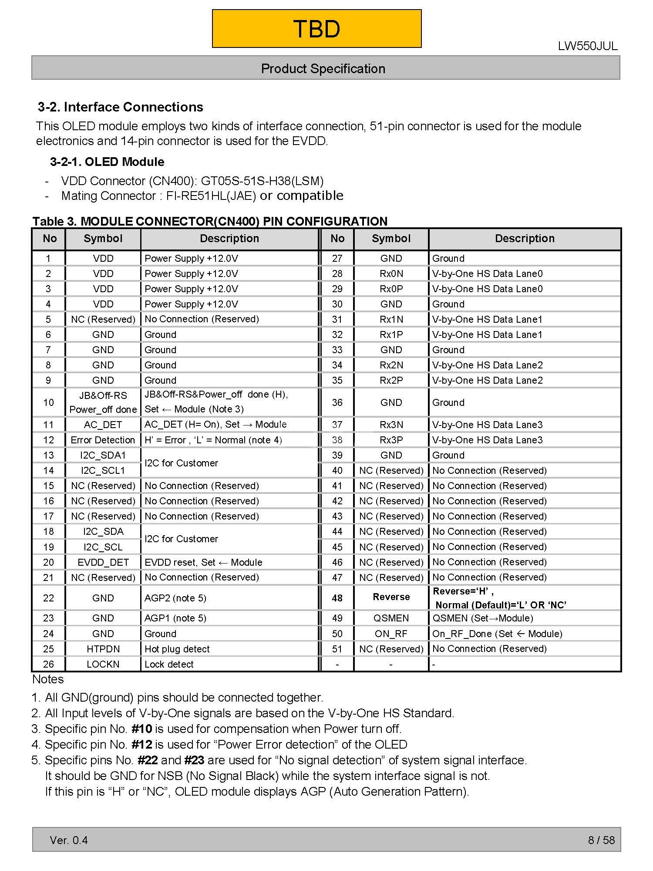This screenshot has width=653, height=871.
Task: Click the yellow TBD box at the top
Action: (x=316, y=29)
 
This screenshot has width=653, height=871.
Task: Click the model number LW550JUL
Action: (x=587, y=46)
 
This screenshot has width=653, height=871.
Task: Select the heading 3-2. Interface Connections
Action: (x=120, y=107)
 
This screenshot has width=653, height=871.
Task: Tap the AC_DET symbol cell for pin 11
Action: (x=103, y=425)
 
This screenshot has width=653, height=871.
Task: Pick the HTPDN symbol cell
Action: (x=103, y=649)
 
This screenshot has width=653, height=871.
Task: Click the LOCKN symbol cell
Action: (x=103, y=664)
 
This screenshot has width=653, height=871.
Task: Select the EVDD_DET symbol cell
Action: (x=103, y=562)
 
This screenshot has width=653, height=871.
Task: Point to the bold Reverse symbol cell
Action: (x=391, y=597)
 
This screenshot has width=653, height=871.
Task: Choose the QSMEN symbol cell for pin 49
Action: (x=391, y=618)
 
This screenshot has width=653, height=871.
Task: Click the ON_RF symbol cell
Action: (x=391, y=634)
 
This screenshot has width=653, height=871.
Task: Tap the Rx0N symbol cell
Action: (x=391, y=273)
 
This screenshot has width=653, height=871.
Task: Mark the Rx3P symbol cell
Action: (x=391, y=440)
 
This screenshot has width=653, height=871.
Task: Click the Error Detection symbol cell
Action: (x=103, y=440)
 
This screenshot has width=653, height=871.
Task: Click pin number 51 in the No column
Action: (x=337, y=649)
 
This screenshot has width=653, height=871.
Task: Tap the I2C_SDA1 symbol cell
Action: (x=103, y=455)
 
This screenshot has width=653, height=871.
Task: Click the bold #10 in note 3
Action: (x=141, y=729)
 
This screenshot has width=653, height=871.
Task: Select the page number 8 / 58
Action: (x=601, y=840)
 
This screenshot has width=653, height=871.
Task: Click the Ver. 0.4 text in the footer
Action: (x=69, y=840)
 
